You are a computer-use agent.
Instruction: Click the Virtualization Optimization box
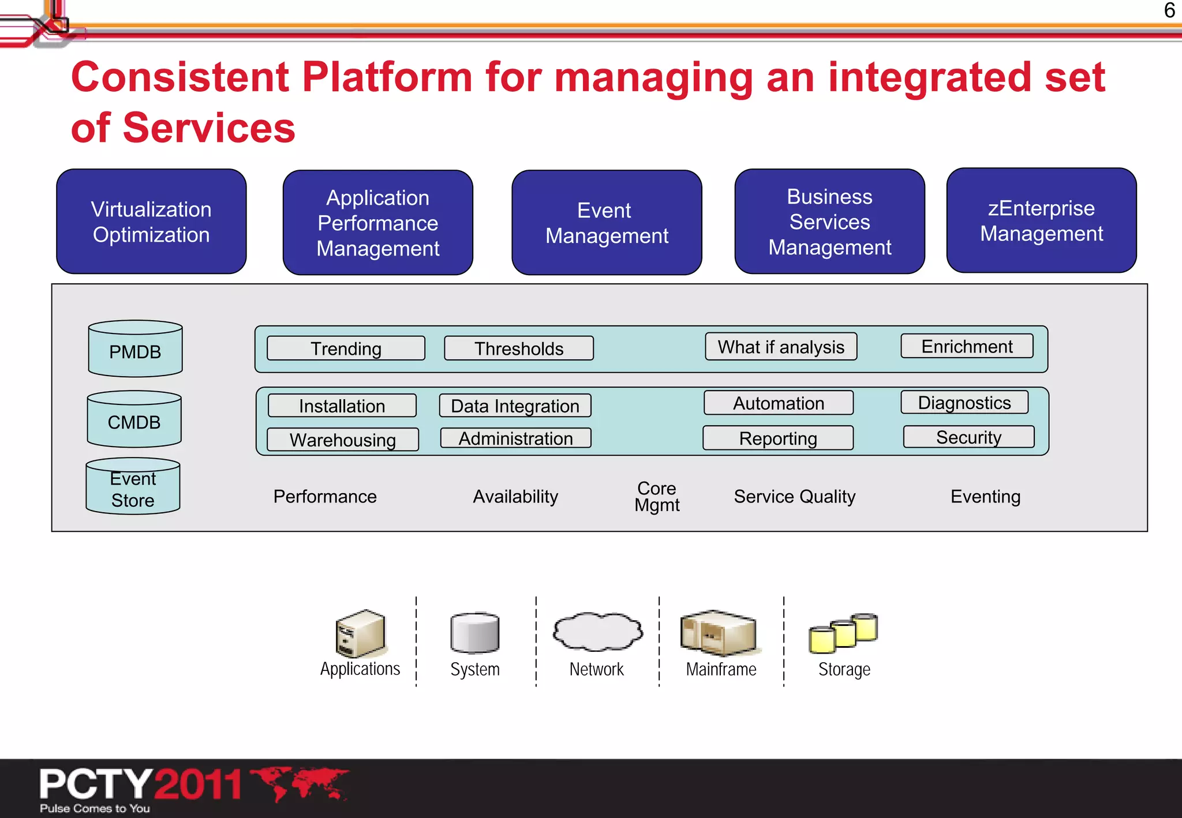point(151,222)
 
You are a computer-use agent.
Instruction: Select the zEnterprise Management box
point(1041,220)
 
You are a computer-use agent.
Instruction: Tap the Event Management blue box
point(607,223)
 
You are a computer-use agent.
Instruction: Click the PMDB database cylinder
point(135,350)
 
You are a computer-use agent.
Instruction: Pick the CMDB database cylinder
point(134,420)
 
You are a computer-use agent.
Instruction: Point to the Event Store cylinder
point(133,487)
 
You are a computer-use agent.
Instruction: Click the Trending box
point(346,348)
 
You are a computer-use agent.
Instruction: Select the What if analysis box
point(780,347)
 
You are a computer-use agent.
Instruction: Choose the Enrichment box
point(967,346)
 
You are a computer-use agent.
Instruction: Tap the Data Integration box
point(515,406)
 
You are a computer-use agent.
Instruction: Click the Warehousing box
point(343,440)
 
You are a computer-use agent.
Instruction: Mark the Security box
point(968,437)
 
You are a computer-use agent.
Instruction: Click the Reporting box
point(777,438)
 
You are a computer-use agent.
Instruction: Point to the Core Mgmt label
point(657,496)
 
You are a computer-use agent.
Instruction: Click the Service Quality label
point(794,496)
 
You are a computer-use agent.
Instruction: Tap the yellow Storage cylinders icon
point(843,633)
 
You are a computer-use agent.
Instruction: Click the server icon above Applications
point(360,633)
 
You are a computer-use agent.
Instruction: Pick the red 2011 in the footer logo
point(197,785)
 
